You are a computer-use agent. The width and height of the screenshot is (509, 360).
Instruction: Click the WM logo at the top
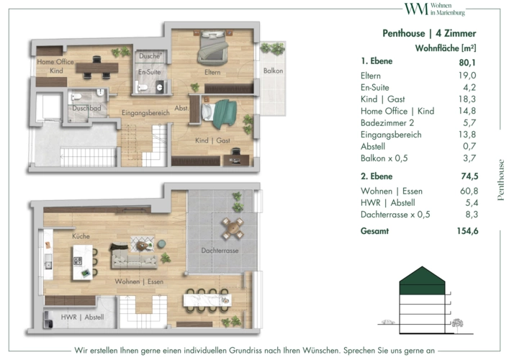click(x=416, y=9)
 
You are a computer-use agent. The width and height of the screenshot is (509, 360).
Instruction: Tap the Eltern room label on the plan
click(x=212, y=73)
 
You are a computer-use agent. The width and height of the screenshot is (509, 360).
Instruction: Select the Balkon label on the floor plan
click(x=273, y=71)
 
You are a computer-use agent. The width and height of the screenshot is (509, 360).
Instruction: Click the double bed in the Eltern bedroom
click(x=212, y=46)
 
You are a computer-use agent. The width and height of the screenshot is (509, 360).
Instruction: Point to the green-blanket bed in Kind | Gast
click(x=219, y=113)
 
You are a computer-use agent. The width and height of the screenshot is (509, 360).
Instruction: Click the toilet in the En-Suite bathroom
click(x=141, y=86)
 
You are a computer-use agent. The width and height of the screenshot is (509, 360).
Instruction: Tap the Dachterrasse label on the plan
click(x=220, y=251)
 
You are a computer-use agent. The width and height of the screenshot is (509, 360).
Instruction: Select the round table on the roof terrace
click(x=232, y=228)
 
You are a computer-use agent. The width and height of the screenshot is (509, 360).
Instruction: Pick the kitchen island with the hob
click(x=83, y=262)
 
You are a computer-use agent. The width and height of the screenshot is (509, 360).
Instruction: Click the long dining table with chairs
click(x=207, y=300)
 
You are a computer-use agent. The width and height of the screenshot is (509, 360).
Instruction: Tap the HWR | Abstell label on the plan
click(x=83, y=317)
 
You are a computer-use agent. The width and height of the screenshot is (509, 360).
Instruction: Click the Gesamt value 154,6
click(x=467, y=231)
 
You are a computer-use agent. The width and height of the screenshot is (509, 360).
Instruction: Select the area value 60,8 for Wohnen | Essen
click(x=469, y=191)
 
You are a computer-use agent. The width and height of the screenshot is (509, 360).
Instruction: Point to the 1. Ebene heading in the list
click(x=377, y=61)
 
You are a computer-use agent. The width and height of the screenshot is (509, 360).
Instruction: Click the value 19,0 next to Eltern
click(x=467, y=76)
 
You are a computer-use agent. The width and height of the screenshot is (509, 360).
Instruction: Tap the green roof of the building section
click(x=422, y=280)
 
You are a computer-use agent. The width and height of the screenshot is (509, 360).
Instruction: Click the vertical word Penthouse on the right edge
click(x=500, y=180)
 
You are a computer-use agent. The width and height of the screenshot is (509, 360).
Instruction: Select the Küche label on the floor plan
click(x=81, y=236)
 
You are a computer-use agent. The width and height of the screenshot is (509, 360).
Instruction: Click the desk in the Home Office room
click(x=97, y=68)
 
